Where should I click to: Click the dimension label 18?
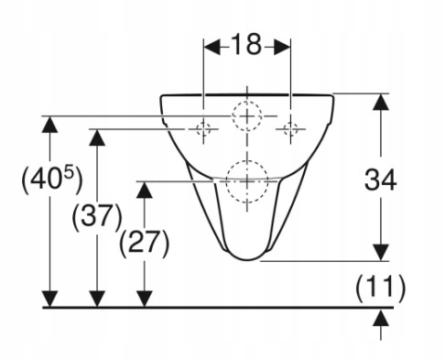[x=246, y=45]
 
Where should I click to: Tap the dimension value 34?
[x=380, y=180]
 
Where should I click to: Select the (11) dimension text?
[x=380, y=288]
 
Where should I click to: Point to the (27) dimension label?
[x=144, y=244]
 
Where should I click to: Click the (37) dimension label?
[x=97, y=216]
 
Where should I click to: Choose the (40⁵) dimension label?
[x=52, y=180]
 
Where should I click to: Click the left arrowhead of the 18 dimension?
[x=212, y=47]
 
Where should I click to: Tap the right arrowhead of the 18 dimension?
[x=282, y=47]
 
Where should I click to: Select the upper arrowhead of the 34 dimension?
[x=381, y=102]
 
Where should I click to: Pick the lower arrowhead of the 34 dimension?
[x=381, y=253]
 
